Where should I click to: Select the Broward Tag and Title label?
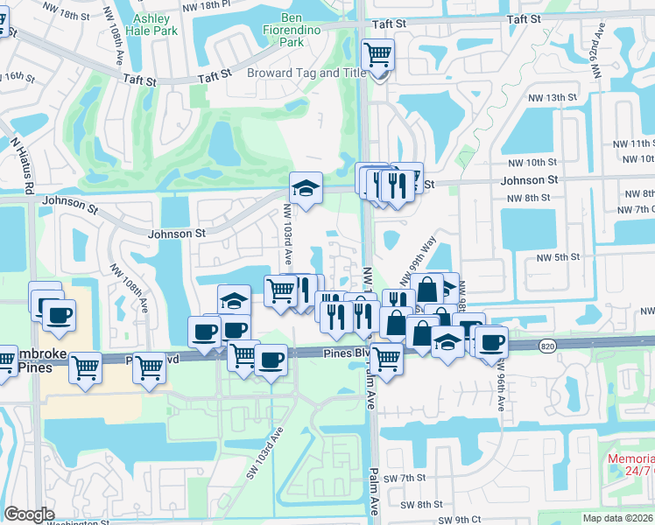[306, 73]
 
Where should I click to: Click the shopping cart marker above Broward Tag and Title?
[377, 56]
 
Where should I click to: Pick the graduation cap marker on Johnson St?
[306, 188]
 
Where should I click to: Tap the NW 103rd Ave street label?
[286, 234]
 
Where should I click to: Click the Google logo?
[30, 514]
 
